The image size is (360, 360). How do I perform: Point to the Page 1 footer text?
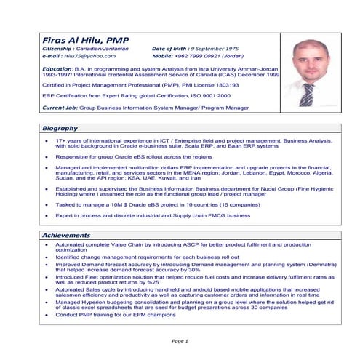[x=180, y=340]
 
